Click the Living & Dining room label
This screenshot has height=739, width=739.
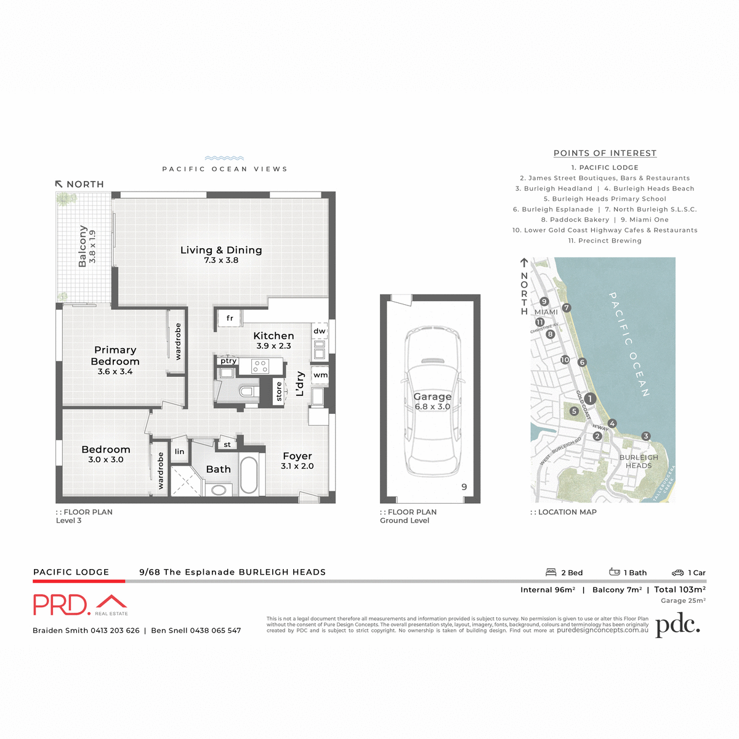221,251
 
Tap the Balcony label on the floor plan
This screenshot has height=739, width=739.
83,246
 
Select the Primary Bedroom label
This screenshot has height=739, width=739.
115,355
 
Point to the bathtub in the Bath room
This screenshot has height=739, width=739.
249,474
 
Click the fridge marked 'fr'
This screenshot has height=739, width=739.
229,318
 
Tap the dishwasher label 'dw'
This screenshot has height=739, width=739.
320,331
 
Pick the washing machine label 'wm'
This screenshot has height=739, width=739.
320,375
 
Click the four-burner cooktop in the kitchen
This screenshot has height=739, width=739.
260,366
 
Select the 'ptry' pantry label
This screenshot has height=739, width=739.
228,361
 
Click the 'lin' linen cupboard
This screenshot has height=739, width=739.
179,451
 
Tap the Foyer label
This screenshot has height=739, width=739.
297,456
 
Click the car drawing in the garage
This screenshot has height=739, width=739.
432,400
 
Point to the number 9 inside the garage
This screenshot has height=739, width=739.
464,487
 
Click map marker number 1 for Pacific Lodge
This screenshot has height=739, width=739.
590,398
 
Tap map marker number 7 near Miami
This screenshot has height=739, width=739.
567,308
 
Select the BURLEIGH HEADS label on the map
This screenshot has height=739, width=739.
639,461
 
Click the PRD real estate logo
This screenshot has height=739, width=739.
80,605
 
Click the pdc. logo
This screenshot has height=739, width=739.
677,626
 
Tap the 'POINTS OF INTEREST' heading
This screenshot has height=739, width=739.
605,153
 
